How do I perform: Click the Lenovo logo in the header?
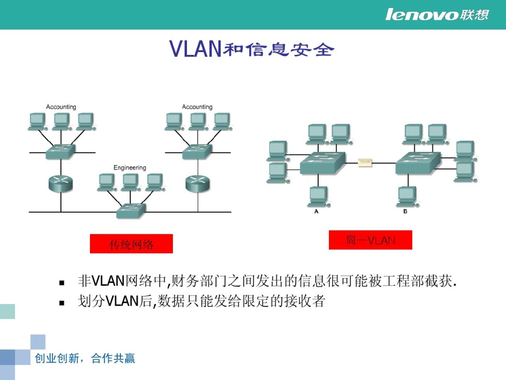437,15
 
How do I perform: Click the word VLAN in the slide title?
195,49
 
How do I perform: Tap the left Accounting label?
61,107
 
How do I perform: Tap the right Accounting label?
197,107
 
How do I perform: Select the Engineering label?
130,167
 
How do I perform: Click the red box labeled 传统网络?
131,243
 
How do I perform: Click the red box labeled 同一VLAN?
370,240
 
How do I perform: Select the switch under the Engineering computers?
131,210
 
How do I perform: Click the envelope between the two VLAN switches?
365,163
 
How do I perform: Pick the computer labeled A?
318,196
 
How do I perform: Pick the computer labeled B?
407,196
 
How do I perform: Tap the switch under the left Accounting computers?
60,152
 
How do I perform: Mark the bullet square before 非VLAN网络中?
62,283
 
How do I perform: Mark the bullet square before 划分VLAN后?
62,303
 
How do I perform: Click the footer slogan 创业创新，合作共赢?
85,358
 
